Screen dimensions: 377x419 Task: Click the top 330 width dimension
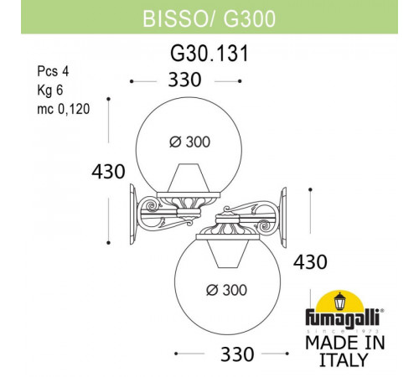pos(185,80)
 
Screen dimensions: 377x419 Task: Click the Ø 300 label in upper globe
pos(191,143)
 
